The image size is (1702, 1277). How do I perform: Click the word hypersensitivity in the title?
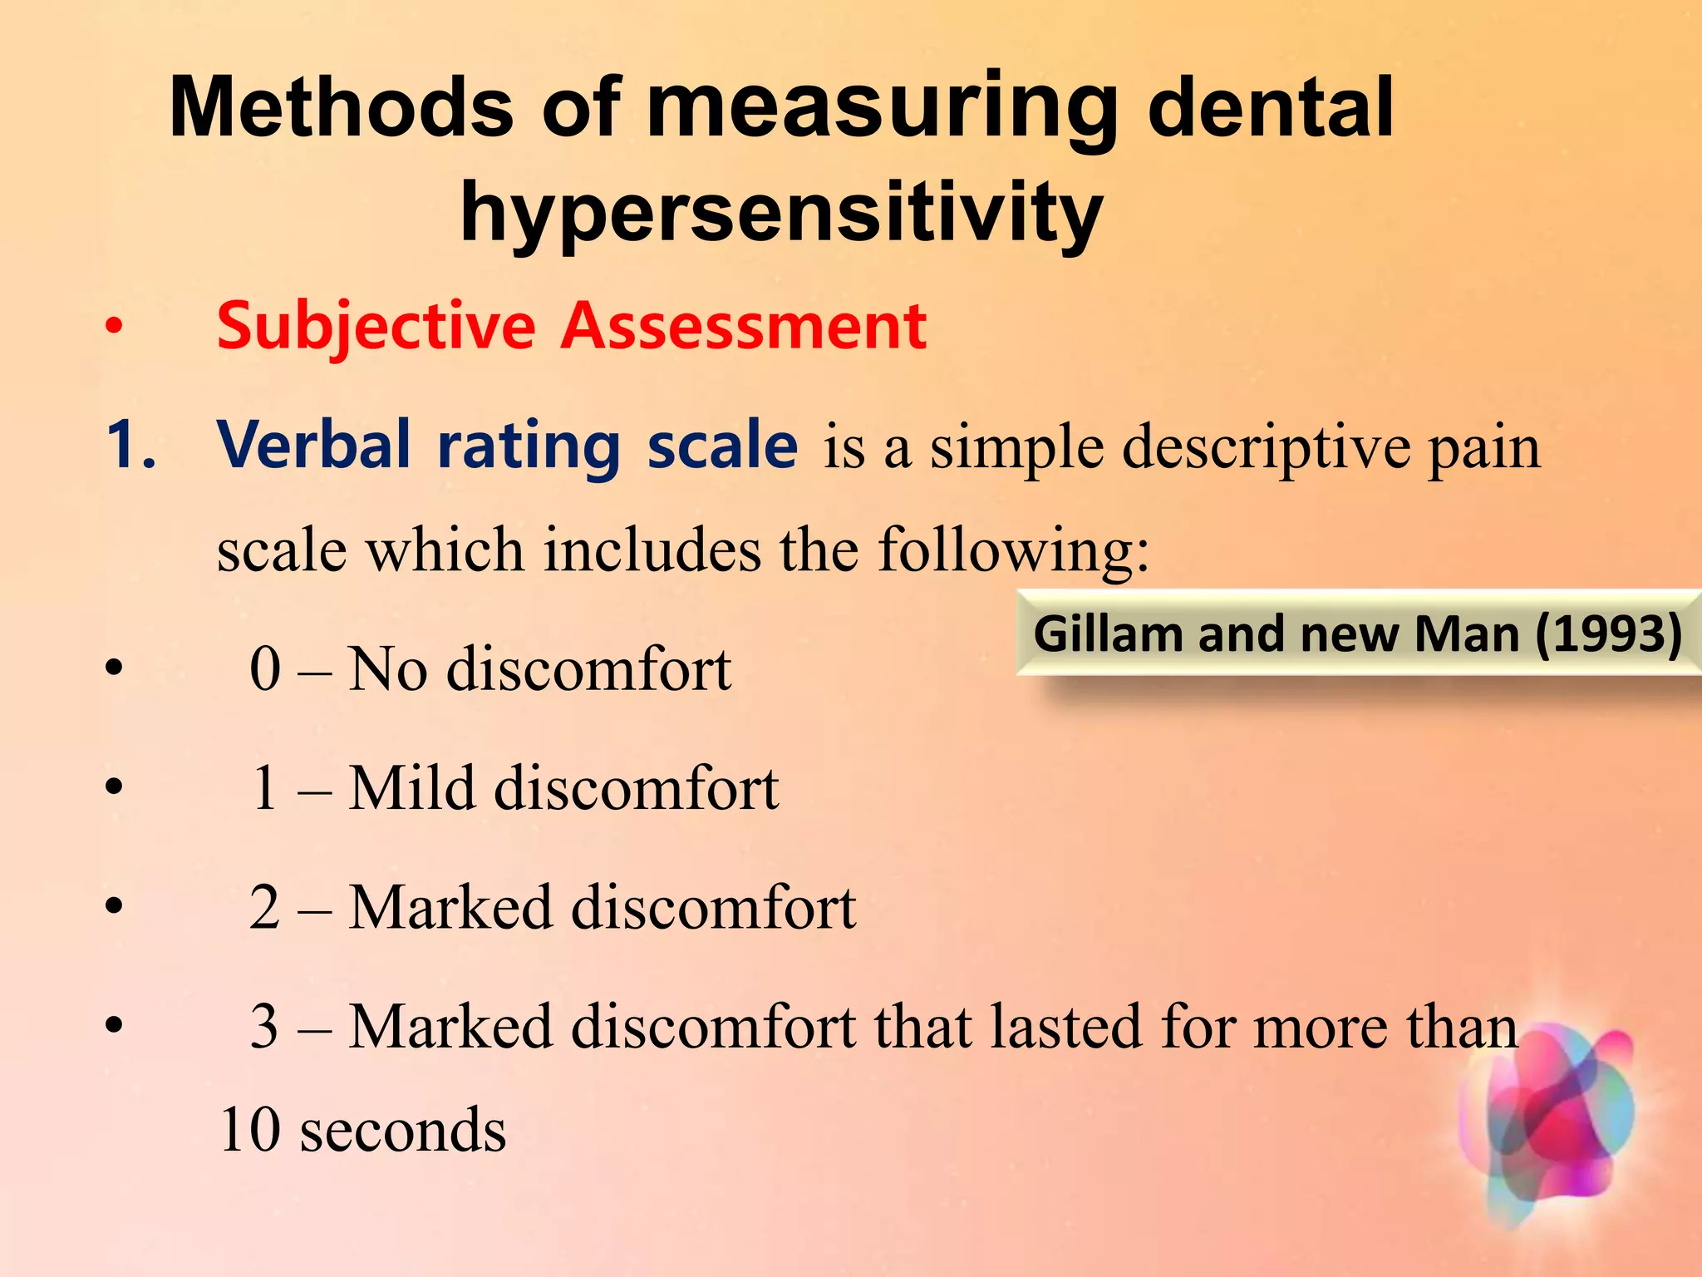781,212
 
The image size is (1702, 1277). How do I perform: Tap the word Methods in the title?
341,108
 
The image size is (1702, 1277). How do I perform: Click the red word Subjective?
376,326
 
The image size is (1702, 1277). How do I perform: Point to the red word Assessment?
744,326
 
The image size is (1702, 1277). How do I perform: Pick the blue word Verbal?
314,446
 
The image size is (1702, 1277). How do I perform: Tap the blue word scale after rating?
722,446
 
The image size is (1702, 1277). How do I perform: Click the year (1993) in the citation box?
1608,634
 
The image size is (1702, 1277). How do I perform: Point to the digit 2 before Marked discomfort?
265,907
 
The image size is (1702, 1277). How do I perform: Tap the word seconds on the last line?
403,1131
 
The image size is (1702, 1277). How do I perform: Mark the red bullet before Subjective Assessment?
114,326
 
